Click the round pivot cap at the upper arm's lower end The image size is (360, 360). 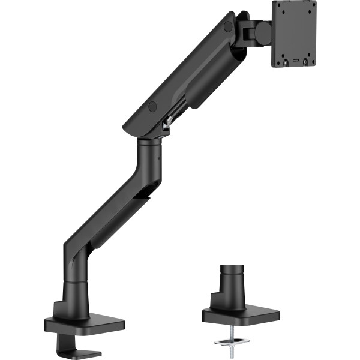pyautogui.click(x=152, y=106)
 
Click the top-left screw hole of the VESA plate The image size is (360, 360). pyautogui.click(x=283, y=7)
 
